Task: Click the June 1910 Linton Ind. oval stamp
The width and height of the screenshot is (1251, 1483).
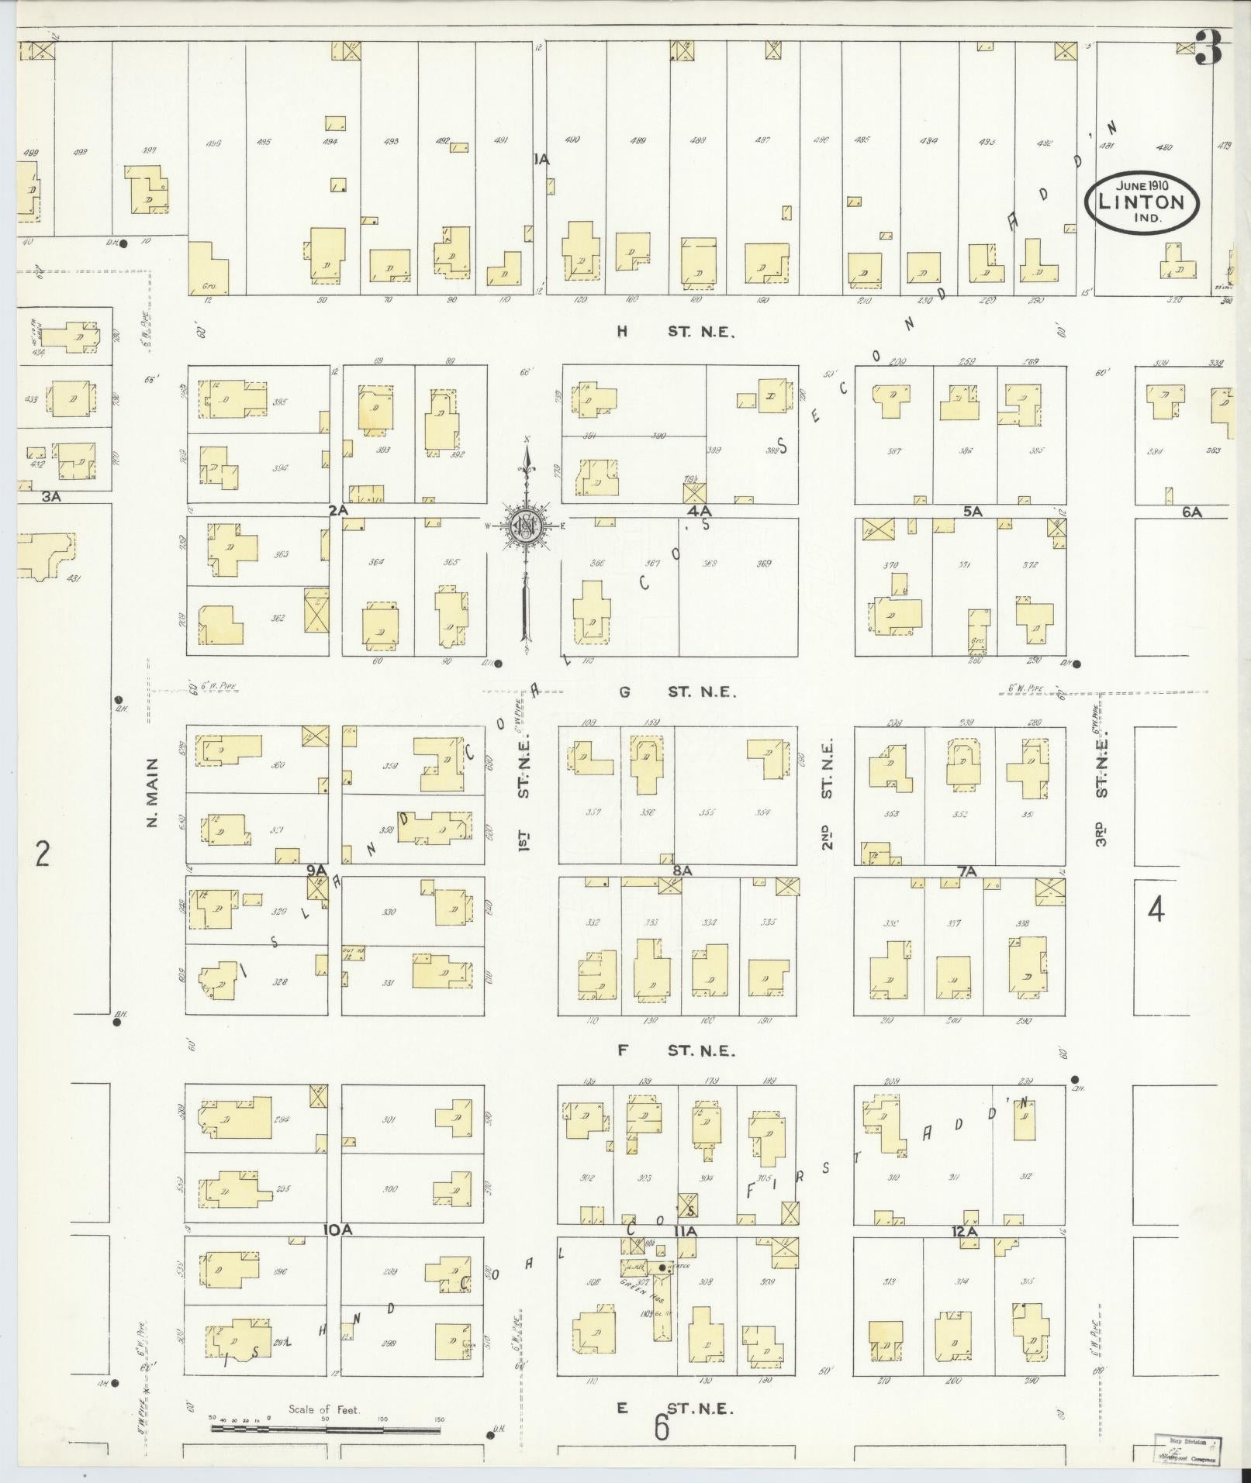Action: tap(1142, 202)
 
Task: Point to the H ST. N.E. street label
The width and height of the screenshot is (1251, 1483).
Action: tap(674, 332)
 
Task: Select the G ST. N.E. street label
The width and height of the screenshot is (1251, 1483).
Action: tap(674, 691)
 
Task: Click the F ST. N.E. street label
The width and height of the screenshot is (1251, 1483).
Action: tap(674, 1051)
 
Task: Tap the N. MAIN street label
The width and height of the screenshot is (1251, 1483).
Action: tap(152, 792)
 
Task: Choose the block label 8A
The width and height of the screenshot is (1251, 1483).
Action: tap(682, 871)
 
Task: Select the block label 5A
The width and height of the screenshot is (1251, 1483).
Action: tap(973, 512)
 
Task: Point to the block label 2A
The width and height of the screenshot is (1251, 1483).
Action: tap(338, 511)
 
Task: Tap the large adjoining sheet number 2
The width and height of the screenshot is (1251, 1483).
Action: tap(42, 854)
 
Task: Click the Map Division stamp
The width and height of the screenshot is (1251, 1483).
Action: tap(1187, 1447)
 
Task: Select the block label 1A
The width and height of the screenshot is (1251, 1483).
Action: tap(541, 160)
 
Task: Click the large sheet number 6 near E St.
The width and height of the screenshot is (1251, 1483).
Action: tap(661, 1427)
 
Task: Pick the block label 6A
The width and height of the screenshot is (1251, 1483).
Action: tap(1191, 512)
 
